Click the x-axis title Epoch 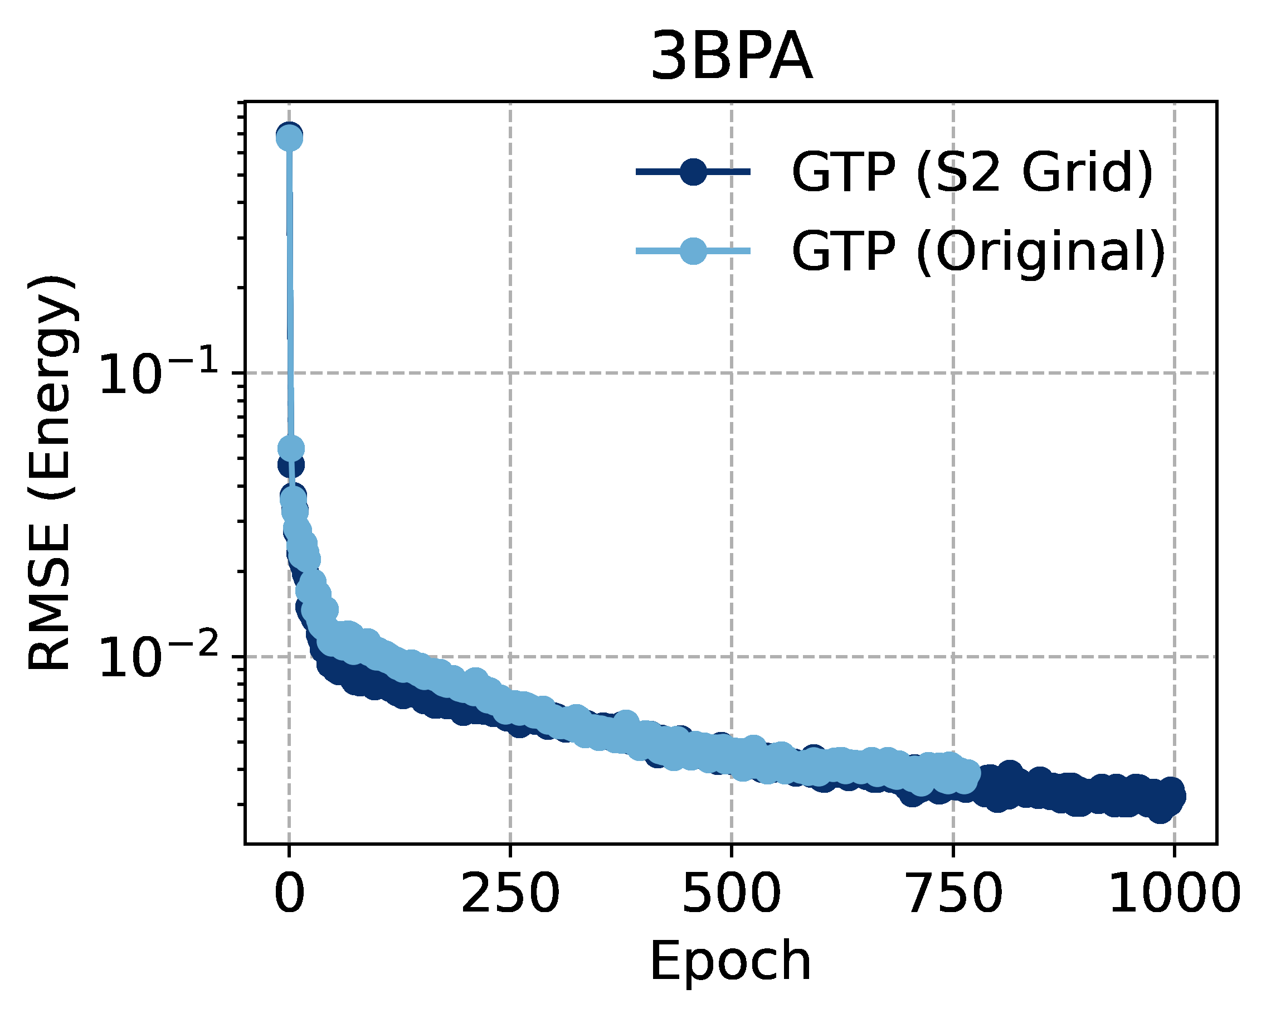(731, 961)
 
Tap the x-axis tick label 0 (289, 894)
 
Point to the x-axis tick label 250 (510, 894)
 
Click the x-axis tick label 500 (731, 894)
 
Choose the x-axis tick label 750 (953, 894)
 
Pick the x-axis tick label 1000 (1174, 894)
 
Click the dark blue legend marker (693, 172)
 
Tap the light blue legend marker (693, 252)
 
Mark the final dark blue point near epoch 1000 (1173, 797)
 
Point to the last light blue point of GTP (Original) (967, 773)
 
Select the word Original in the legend (1040, 252)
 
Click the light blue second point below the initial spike (291, 448)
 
